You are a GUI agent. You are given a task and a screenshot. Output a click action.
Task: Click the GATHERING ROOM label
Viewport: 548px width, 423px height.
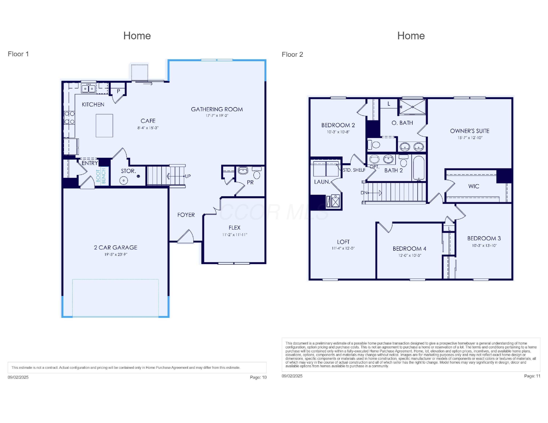click(x=217, y=109)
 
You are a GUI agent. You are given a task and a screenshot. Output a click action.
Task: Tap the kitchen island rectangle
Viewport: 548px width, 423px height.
click(x=104, y=126)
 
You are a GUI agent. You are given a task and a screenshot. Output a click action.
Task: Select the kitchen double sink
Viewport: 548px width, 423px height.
click(x=89, y=89)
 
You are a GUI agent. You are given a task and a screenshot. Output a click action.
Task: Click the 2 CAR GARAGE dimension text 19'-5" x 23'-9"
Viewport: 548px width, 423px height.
click(x=116, y=254)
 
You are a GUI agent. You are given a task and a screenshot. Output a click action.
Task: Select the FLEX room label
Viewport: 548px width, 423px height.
click(x=234, y=228)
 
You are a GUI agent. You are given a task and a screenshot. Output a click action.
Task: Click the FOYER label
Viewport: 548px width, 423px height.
click(x=186, y=215)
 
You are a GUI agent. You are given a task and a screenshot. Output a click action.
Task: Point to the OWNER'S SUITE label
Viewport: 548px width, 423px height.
click(x=469, y=131)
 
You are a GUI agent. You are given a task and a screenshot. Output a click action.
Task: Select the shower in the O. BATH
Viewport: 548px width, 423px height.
click(x=412, y=107)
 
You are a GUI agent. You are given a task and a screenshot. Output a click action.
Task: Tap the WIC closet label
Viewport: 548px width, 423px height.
click(x=473, y=186)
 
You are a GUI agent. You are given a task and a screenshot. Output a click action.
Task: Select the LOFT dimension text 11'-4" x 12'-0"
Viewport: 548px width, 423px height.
click(x=343, y=248)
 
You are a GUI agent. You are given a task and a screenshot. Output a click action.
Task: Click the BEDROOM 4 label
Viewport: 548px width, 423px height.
click(x=409, y=249)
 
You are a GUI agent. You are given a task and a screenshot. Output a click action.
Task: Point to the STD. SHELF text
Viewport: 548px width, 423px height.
click(x=354, y=170)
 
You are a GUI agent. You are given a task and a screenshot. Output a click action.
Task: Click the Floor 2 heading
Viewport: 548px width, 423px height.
click(x=292, y=54)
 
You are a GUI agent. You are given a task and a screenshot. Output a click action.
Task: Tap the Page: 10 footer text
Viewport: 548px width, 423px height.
click(x=258, y=377)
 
